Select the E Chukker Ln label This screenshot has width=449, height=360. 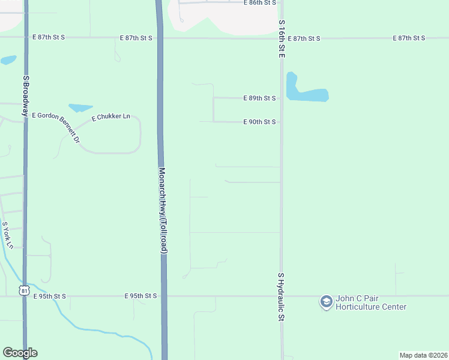[111, 116]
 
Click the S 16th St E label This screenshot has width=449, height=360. [281, 38]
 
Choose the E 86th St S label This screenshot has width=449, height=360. [260, 3]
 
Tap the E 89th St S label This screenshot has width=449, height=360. [259, 98]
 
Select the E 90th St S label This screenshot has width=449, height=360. [259, 122]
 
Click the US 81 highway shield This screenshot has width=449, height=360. [24, 290]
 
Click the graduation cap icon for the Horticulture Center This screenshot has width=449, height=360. [326, 302]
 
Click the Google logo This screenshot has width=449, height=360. [20, 353]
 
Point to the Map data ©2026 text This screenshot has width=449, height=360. [423, 355]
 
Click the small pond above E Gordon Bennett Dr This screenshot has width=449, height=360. [80, 108]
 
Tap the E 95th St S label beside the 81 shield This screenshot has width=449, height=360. [49, 296]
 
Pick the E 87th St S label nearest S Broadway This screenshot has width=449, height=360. [48, 37]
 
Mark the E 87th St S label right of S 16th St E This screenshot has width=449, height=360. [304, 38]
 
